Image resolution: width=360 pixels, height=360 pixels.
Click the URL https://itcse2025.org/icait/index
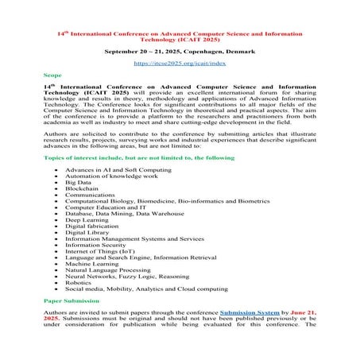[180, 61]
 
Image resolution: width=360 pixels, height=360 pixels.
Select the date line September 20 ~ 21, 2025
[180, 50]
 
